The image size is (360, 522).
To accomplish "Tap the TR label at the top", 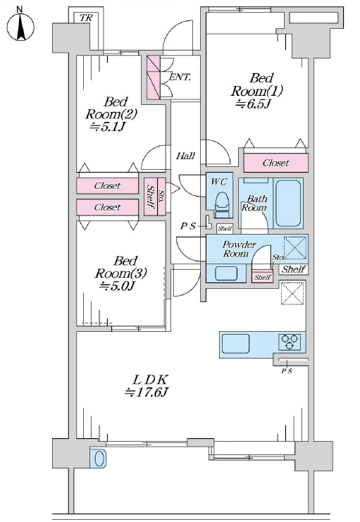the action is pyautogui.click(x=86, y=18).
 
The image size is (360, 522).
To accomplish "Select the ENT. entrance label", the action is pyautogui.click(x=180, y=77).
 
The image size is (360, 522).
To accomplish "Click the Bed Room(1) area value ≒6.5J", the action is pyautogui.click(x=252, y=104).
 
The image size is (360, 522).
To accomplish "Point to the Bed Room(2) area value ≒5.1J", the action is pyautogui.click(x=107, y=127).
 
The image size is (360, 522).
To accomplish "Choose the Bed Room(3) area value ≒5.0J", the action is pyautogui.click(x=116, y=285).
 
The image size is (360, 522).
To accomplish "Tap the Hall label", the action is pyautogui.click(x=185, y=156).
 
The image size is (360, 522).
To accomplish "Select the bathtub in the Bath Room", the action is pyautogui.click(x=288, y=204).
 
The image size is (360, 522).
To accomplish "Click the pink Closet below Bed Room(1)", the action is pyautogui.click(x=275, y=163).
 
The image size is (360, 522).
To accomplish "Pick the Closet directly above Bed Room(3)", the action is pyautogui.click(x=107, y=207).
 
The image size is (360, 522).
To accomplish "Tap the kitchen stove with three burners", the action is pyautogui.click(x=290, y=342).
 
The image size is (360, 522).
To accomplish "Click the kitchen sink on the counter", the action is pyautogui.click(x=236, y=344).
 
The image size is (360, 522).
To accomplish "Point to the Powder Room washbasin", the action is pyautogui.click(x=226, y=273).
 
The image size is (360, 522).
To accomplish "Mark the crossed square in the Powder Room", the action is pyautogui.click(x=294, y=247).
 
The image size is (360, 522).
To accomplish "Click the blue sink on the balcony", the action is pyautogui.click(x=99, y=459).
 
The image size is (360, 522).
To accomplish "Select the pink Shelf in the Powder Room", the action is pyautogui.click(x=262, y=277).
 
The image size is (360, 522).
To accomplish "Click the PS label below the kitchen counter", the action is pyautogui.click(x=287, y=371).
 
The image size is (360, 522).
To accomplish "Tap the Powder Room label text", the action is pyautogui.click(x=238, y=249).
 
